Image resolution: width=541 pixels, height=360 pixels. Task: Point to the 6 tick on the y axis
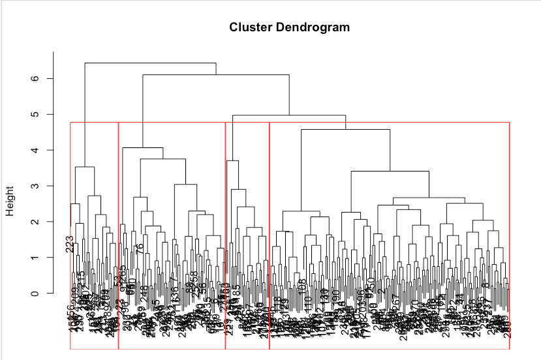coord(41,78)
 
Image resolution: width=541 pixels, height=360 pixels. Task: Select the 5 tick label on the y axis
coord(41,114)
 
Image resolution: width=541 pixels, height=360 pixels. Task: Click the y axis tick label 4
coord(41,150)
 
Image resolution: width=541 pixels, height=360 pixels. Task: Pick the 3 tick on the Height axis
coord(41,186)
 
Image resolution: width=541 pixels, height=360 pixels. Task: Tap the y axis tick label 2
coord(41,222)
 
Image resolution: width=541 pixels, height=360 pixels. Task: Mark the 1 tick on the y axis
coord(41,258)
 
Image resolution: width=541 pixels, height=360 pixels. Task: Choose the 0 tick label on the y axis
coord(41,293)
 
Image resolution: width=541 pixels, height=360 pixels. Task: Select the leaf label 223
coord(70,244)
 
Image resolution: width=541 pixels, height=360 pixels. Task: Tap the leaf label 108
coord(301,287)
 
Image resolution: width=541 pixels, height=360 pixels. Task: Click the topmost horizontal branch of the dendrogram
coord(150,63)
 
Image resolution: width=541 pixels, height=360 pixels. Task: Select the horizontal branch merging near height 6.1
coord(215,75)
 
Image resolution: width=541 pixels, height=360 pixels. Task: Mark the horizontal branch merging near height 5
coord(289,115)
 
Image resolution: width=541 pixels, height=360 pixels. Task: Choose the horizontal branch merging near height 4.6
coord(345,130)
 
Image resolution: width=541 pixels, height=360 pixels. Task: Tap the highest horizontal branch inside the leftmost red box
coord(85,168)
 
